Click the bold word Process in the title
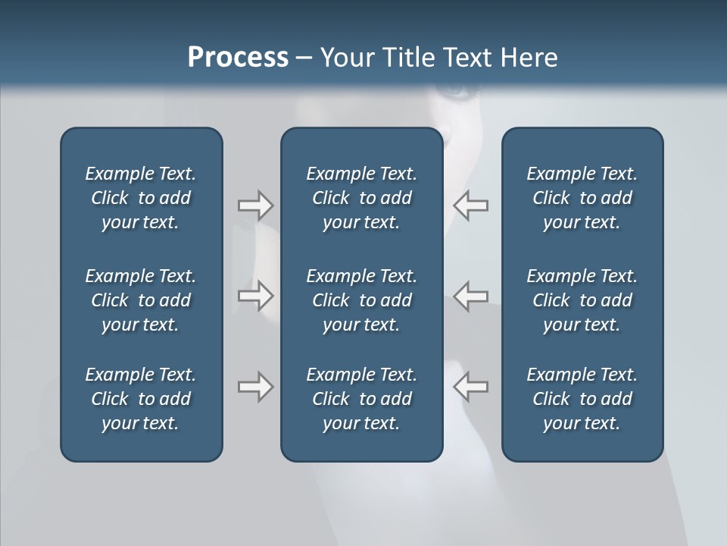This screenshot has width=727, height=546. (x=238, y=58)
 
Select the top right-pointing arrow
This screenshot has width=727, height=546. (x=255, y=206)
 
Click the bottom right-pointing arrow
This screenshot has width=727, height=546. (x=255, y=387)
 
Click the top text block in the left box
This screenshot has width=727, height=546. (x=141, y=198)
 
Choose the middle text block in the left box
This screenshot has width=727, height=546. (x=141, y=300)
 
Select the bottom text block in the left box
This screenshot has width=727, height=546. (x=141, y=399)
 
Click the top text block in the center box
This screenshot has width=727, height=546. (x=361, y=198)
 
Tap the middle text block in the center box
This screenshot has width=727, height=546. (x=361, y=300)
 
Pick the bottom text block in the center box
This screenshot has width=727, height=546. (x=361, y=399)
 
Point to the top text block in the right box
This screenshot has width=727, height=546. (x=582, y=198)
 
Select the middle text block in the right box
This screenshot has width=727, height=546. (x=582, y=300)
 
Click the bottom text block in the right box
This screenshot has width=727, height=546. (x=582, y=399)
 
